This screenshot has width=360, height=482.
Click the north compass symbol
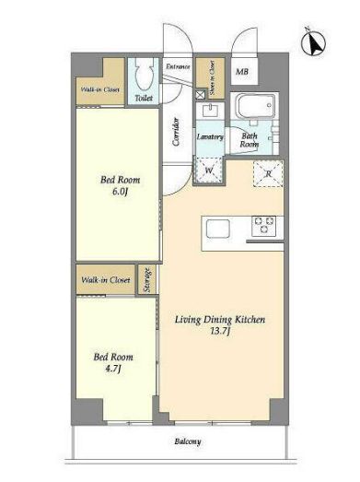click(313, 43)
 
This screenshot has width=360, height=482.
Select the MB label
click(242, 72)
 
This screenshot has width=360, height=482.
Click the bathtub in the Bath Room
click(255, 106)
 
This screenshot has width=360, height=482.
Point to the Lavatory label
click(210, 136)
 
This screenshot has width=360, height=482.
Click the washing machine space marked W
click(209, 170)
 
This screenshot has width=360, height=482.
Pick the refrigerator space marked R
click(268, 173)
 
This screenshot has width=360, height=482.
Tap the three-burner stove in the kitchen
click(263, 226)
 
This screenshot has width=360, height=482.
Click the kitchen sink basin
click(218, 229)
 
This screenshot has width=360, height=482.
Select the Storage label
click(147, 280)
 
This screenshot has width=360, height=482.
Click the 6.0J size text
click(120, 192)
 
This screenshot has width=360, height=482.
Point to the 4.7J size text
click(113, 369)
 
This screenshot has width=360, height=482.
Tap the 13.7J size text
click(220, 332)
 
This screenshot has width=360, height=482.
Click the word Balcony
click(188, 441)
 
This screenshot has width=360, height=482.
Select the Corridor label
click(176, 132)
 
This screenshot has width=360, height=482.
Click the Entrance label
click(178, 66)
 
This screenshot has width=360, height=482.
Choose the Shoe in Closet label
click(212, 77)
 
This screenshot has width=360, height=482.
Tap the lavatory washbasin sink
click(211, 111)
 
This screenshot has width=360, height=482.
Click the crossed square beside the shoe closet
click(201, 94)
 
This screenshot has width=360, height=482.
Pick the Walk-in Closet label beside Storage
click(106, 280)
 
